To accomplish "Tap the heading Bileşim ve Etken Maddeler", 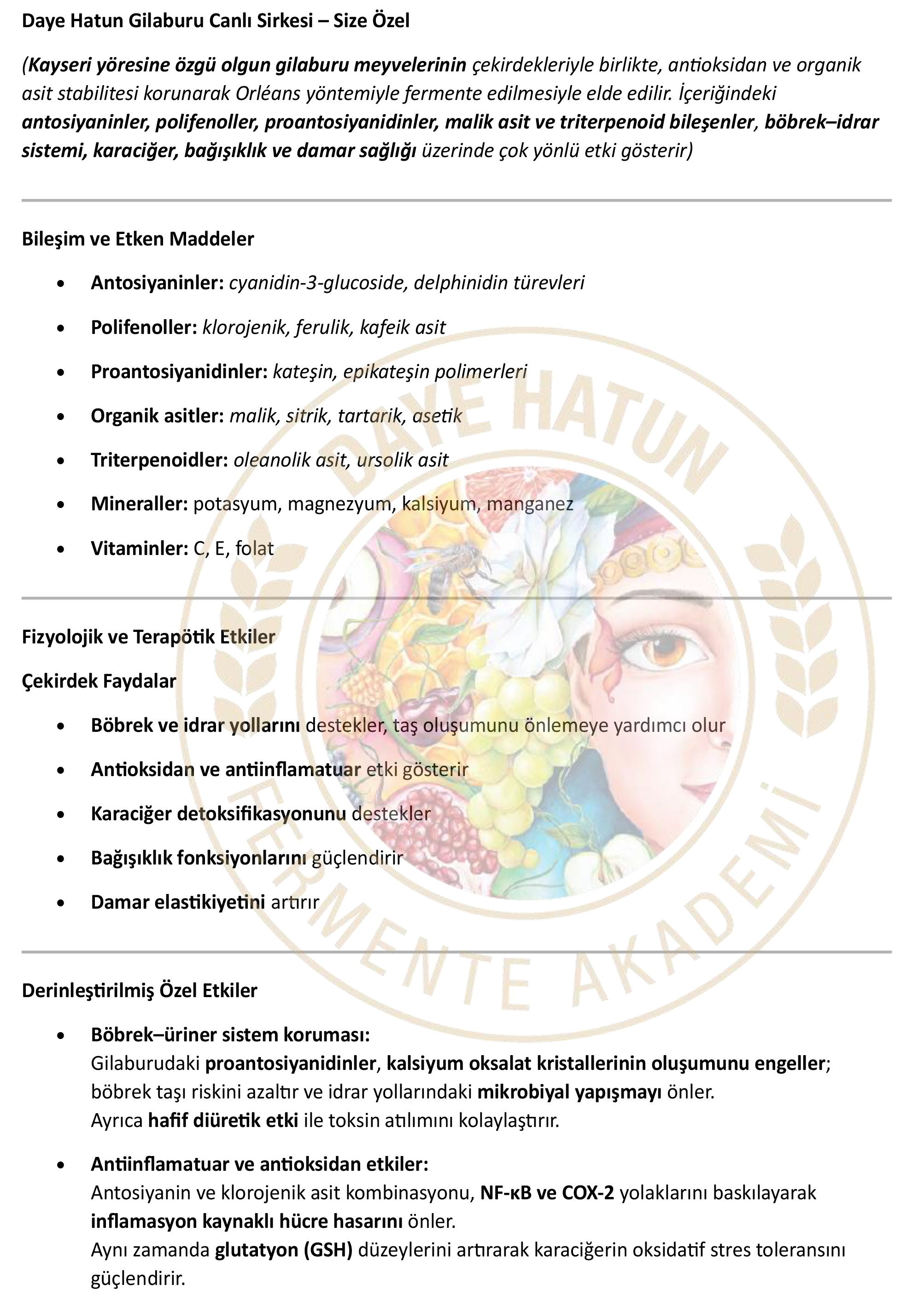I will coord(138,239).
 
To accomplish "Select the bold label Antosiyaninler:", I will coord(157,283).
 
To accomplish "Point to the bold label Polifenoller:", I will coord(144,327).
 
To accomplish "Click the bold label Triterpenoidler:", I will coord(159,460).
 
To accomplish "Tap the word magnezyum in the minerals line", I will coord(340,504).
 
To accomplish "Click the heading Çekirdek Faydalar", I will coord(99,681).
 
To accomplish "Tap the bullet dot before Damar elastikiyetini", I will coord(61,903).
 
